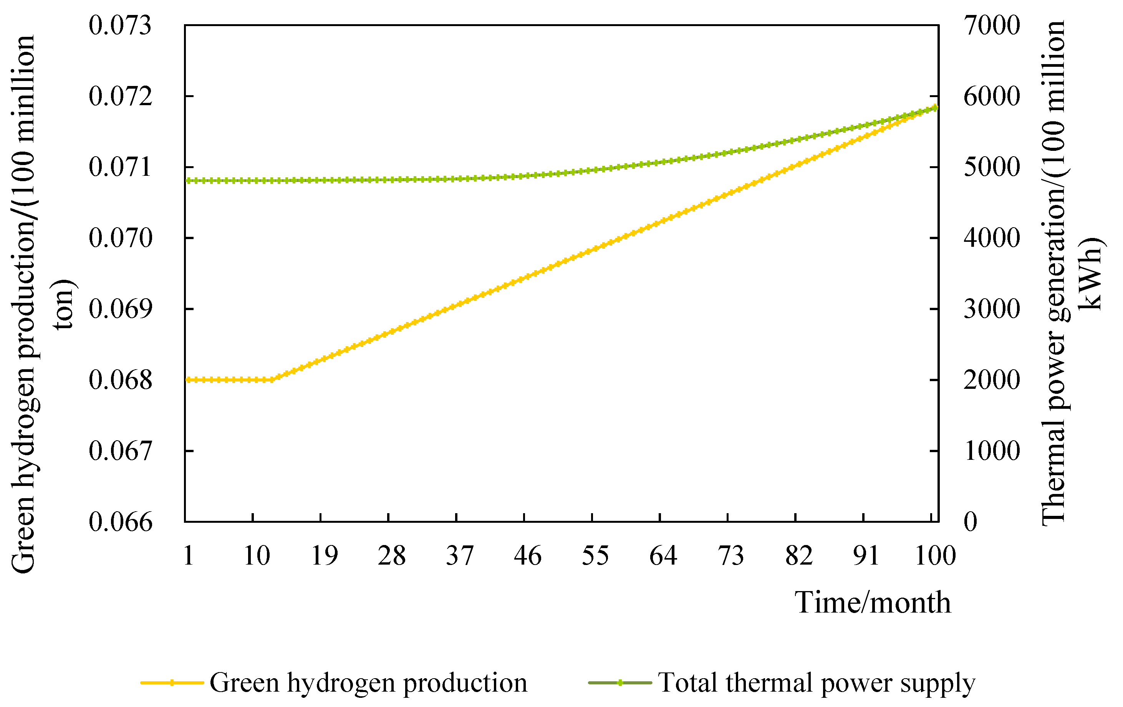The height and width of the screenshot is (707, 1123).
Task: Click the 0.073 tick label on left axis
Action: (120, 25)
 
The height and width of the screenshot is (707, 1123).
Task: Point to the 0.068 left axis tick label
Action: (120, 380)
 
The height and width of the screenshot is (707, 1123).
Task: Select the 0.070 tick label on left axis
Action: (120, 238)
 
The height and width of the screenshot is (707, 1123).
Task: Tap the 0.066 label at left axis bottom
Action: (120, 522)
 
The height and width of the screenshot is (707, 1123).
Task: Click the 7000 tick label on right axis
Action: (992, 25)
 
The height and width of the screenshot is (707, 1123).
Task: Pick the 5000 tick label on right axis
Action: (992, 167)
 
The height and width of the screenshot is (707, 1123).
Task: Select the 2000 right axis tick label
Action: (992, 380)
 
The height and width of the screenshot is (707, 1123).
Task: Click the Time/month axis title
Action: (873, 603)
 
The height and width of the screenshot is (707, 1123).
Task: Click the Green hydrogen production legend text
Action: (368, 683)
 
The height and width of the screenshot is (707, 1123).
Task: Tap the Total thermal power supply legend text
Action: (816, 683)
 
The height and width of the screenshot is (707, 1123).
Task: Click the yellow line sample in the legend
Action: (172, 683)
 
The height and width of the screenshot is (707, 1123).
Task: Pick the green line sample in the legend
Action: (620, 683)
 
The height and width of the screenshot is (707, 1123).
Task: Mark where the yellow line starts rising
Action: (273, 380)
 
